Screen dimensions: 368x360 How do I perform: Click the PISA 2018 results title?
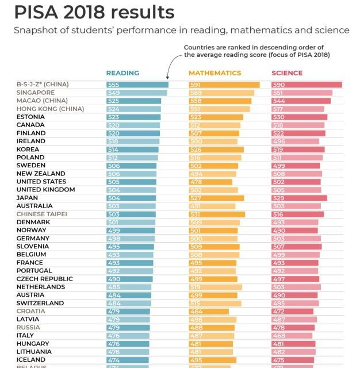(95, 12)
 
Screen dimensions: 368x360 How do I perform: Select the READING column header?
(122, 73)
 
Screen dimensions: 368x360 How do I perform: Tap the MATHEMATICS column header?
(215, 73)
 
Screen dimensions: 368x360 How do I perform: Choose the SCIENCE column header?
(287, 73)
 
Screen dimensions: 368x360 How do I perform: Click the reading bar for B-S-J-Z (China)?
(137, 85)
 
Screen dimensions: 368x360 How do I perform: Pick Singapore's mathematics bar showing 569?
(221, 93)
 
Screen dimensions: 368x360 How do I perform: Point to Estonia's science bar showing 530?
(299, 117)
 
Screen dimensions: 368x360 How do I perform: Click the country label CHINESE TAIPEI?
(42, 214)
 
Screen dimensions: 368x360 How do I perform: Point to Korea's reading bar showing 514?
(132, 149)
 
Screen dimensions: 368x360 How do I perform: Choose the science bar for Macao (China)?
(301, 101)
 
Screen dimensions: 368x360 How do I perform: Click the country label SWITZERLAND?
(40, 303)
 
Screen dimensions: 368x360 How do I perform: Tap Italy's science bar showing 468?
(292, 335)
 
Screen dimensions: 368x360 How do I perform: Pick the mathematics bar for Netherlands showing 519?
(215, 287)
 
